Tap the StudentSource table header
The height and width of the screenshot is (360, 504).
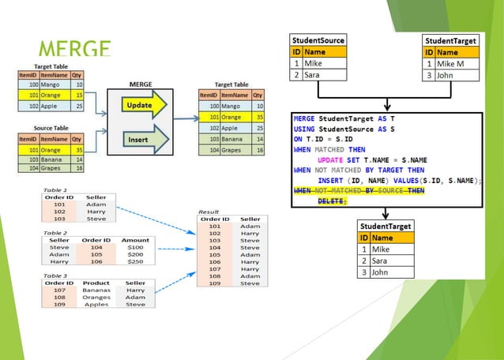click(x=318, y=39)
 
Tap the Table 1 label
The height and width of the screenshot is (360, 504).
click(x=55, y=190)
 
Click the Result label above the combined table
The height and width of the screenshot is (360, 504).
click(x=209, y=211)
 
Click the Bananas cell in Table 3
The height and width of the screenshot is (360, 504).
click(x=96, y=289)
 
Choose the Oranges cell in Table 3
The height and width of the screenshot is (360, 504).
click(x=96, y=297)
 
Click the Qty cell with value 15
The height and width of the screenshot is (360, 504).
click(x=80, y=94)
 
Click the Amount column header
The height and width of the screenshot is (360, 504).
click(x=136, y=239)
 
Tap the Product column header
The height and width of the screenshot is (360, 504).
click(x=96, y=282)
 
